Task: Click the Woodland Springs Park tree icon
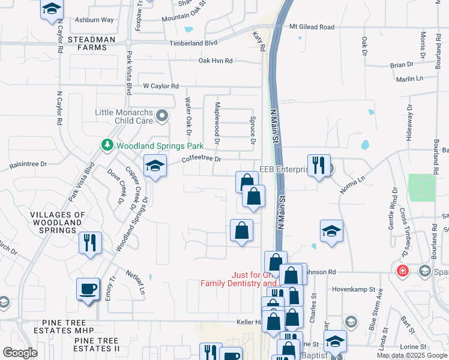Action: pos(107,146)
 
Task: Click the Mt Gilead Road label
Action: pos(312,27)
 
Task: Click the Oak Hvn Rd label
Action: pos(215,61)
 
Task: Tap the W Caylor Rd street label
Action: pos(160,86)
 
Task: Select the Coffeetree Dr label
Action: pos(202,159)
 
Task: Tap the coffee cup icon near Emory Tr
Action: pos(88,289)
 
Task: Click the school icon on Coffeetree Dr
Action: pos(155,166)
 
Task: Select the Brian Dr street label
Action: pos(402,64)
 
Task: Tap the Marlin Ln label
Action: pos(409,79)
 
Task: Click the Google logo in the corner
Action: pos(20,353)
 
